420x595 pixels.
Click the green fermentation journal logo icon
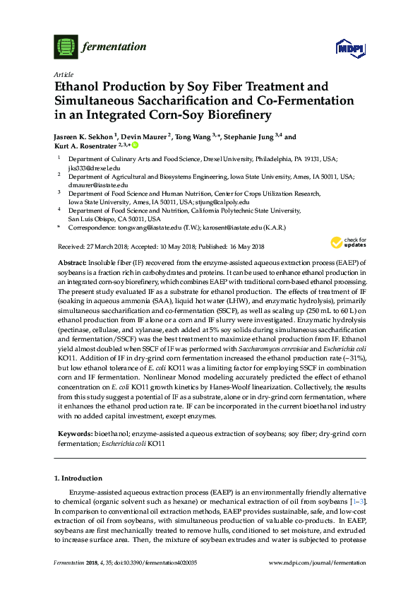coord(64,47)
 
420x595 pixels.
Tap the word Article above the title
coord(63,74)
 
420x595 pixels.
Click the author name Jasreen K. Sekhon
coord(83,137)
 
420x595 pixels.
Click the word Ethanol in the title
coord(80,87)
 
